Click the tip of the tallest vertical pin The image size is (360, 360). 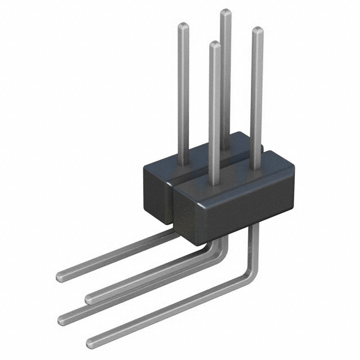(x=225, y=12)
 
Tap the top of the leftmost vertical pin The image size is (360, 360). (x=183, y=25)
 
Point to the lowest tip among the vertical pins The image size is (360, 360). (x=215, y=44)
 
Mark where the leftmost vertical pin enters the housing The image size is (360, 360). (x=183, y=164)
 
